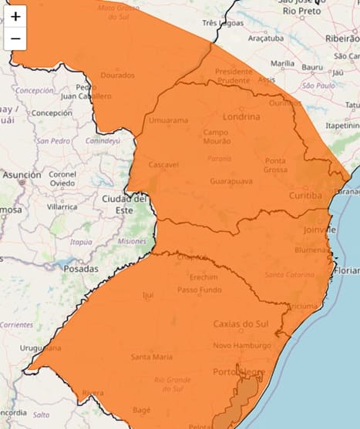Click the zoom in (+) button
[x=15, y=15]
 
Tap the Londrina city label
[x=241, y=117]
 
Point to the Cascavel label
[x=163, y=165]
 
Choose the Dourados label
[x=117, y=75]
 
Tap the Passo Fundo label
[x=199, y=290]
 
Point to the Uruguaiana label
[x=41, y=348]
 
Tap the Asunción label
[x=22, y=176]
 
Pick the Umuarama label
[x=168, y=120]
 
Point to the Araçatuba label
[x=265, y=37]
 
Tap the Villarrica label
[x=62, y=207]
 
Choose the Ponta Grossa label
[x=276, y=165]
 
